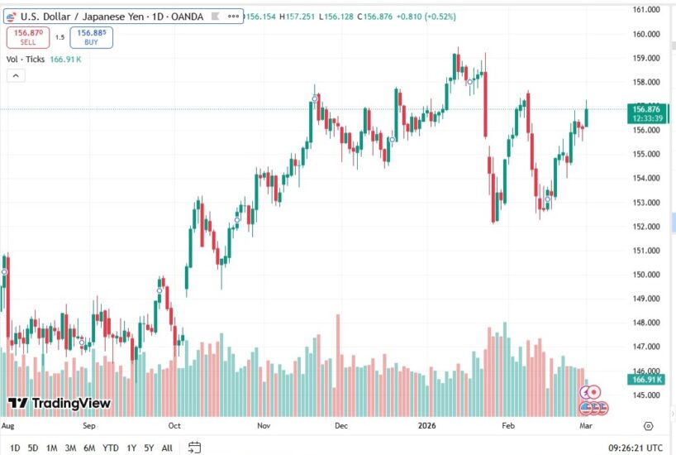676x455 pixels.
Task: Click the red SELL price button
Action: [29, 36]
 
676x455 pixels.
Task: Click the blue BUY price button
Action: [91, 36]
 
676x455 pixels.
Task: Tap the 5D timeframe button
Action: [33, 448]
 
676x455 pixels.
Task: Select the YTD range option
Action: [110, 448]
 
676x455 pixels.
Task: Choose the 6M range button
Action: [89, 448]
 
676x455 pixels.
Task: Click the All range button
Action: [167, 448]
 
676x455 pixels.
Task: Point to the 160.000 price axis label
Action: [646, 34]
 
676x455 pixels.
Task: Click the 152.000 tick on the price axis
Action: [646, 227]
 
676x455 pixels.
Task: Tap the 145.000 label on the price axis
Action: [646, 395]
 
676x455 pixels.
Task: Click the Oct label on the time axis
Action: [174, 426]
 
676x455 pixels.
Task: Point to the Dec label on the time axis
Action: [341, 426]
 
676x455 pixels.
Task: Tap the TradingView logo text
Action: [60, 403]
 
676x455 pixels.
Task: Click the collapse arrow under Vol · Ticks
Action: [16, 75]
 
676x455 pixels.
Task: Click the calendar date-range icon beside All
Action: [195, 448]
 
